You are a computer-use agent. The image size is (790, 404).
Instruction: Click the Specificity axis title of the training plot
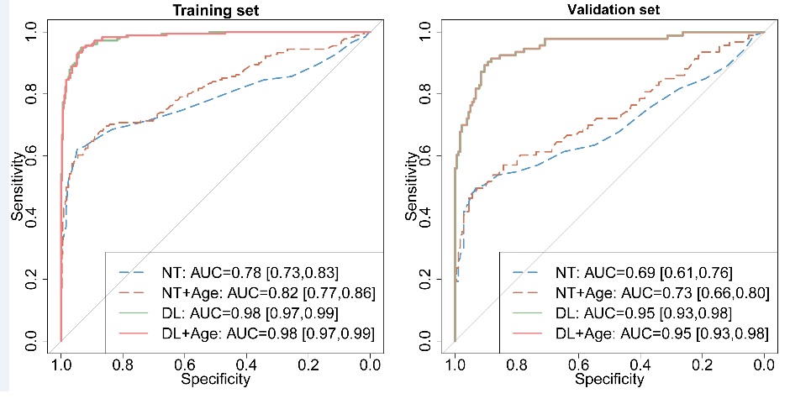tap(215, 380)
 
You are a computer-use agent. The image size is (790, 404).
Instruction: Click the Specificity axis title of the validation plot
tap(609, 380)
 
